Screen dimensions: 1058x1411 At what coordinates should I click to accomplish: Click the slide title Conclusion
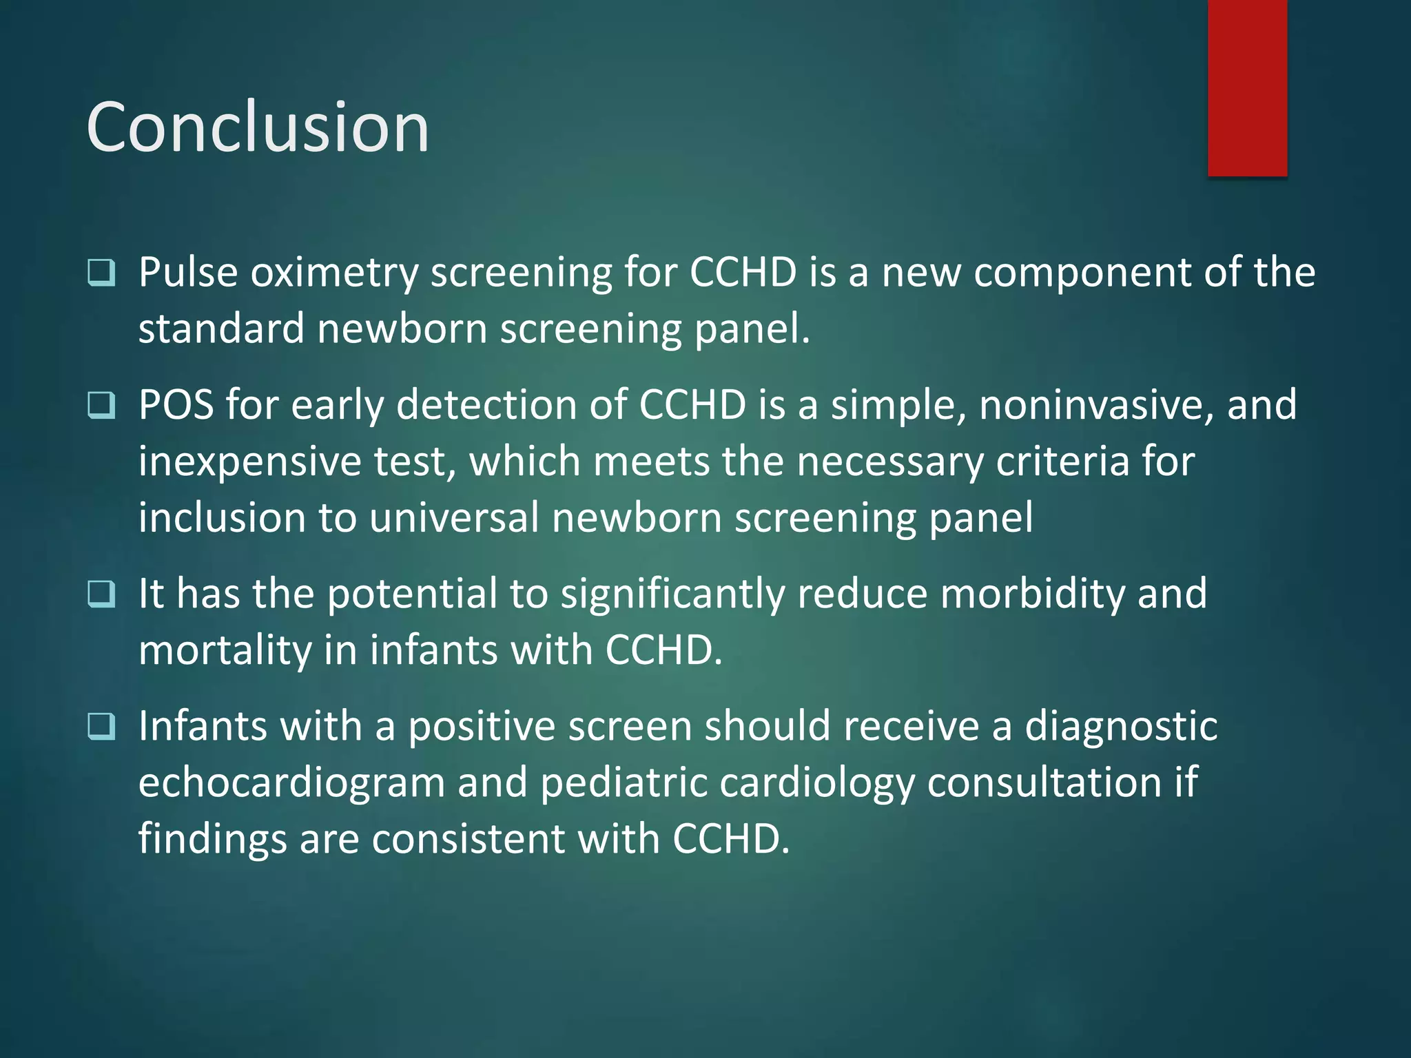click(258, 127)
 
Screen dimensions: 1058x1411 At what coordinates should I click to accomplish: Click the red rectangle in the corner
click(1247, 87)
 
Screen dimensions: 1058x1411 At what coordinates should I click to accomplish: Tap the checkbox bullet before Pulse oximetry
click(101, 273)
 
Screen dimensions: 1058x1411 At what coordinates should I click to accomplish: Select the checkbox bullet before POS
click(101, 405)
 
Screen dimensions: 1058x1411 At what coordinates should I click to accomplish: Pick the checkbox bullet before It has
click(101, 594)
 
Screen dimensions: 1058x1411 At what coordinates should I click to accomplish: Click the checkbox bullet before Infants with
click(101, 726)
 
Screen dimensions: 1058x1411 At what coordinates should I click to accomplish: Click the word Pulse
click(188, 272)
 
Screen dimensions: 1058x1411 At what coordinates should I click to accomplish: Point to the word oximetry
click(334, 273)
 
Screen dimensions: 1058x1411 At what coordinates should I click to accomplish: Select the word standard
click(221, 329)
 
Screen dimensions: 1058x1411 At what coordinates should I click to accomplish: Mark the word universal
click(454, 517)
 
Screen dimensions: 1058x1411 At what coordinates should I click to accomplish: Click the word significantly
click(672, 594)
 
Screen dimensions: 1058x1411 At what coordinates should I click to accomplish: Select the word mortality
click(225, 651)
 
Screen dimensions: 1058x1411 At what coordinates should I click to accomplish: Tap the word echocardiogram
click(291, 783)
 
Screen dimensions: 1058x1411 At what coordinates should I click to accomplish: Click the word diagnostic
click(1121, 727)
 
